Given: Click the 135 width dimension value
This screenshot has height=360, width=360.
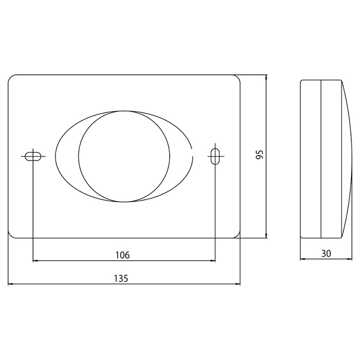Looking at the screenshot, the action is point(121,279).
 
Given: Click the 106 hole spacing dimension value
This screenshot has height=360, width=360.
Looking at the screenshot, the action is point(122,255).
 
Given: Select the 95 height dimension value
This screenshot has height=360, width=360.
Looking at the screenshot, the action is point(260,154).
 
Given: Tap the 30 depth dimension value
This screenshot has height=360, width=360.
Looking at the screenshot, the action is point(326,254).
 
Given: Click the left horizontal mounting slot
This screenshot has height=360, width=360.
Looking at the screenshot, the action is point(33,156).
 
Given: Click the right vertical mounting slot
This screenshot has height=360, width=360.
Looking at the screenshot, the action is point(215,156).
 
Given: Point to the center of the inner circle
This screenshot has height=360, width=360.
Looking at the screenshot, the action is point(124,156).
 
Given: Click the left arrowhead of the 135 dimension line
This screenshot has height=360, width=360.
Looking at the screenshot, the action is point(10,284).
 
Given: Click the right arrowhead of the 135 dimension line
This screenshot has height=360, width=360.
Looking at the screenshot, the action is point(238,284).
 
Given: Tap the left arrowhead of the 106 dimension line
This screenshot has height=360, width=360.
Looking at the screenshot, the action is point(35,261).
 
